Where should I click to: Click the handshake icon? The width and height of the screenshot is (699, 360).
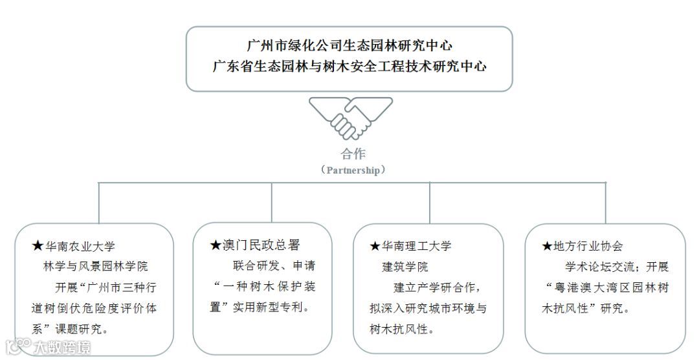click(x=350, y=118)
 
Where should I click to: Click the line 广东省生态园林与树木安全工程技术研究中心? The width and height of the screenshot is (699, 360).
click(x=349, y=67)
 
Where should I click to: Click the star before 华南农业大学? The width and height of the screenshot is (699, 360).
click(x=38, y=247)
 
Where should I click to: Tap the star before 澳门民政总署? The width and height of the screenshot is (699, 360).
click(x=216, y=245)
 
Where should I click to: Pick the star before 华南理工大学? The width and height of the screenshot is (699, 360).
click(x=375, y=246)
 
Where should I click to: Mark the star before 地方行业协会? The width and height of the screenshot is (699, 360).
click(x=547, y=246)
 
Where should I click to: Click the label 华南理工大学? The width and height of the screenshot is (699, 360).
click(x=417, y=246)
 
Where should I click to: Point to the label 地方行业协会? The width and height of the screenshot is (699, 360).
click(x=588, y=246)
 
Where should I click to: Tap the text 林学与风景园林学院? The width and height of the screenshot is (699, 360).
click(x=95, y=267)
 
